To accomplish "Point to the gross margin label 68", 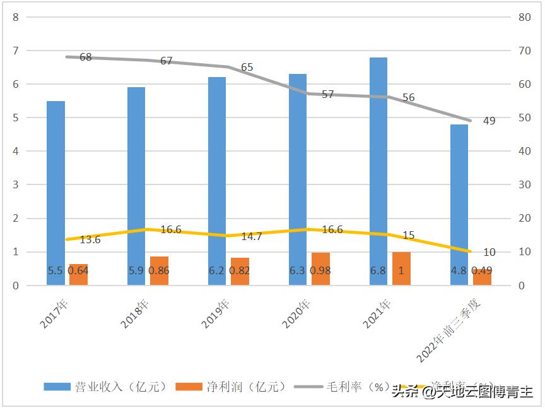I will (86, 57).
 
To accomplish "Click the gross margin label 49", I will (489, 121).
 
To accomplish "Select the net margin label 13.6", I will (90, 239).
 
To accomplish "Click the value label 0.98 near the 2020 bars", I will (320, 270).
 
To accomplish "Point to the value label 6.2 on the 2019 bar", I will (216, 270).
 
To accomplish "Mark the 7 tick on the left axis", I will (15, 51).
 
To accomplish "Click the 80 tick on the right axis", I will (524, 17).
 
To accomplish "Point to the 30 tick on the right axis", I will (524, 185).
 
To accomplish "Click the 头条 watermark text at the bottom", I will (405, 392).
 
